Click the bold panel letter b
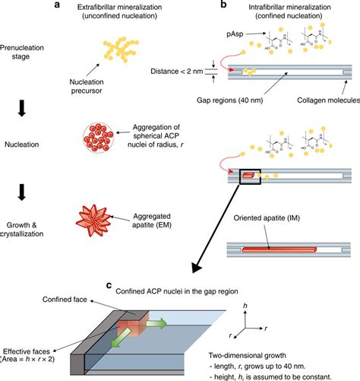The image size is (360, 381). pos(243,5)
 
